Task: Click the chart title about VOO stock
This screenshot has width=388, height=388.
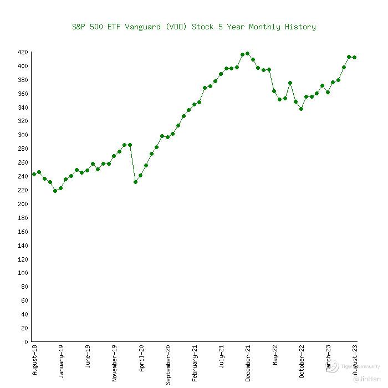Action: [194, 27]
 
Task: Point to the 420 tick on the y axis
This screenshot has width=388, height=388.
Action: [23, 52]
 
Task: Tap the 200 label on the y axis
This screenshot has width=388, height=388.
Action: [23, 204]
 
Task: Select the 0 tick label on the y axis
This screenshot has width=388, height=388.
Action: [25, 342]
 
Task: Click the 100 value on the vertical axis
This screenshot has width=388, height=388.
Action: [23, 273]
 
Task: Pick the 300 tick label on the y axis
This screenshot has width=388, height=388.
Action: [23, 135]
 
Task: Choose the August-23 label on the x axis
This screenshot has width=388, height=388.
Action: [355, 360]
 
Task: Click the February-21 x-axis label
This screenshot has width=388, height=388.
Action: [195, 362]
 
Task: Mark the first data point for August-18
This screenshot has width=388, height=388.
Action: [34, 174]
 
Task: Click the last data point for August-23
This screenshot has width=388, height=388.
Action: [354, 57]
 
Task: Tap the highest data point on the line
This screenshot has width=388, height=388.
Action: [247, 54]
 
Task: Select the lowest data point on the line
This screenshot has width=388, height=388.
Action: [55, 191]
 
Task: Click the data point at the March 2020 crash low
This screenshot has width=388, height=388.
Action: [135, 182]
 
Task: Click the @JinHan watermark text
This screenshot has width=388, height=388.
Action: [367, 380]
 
